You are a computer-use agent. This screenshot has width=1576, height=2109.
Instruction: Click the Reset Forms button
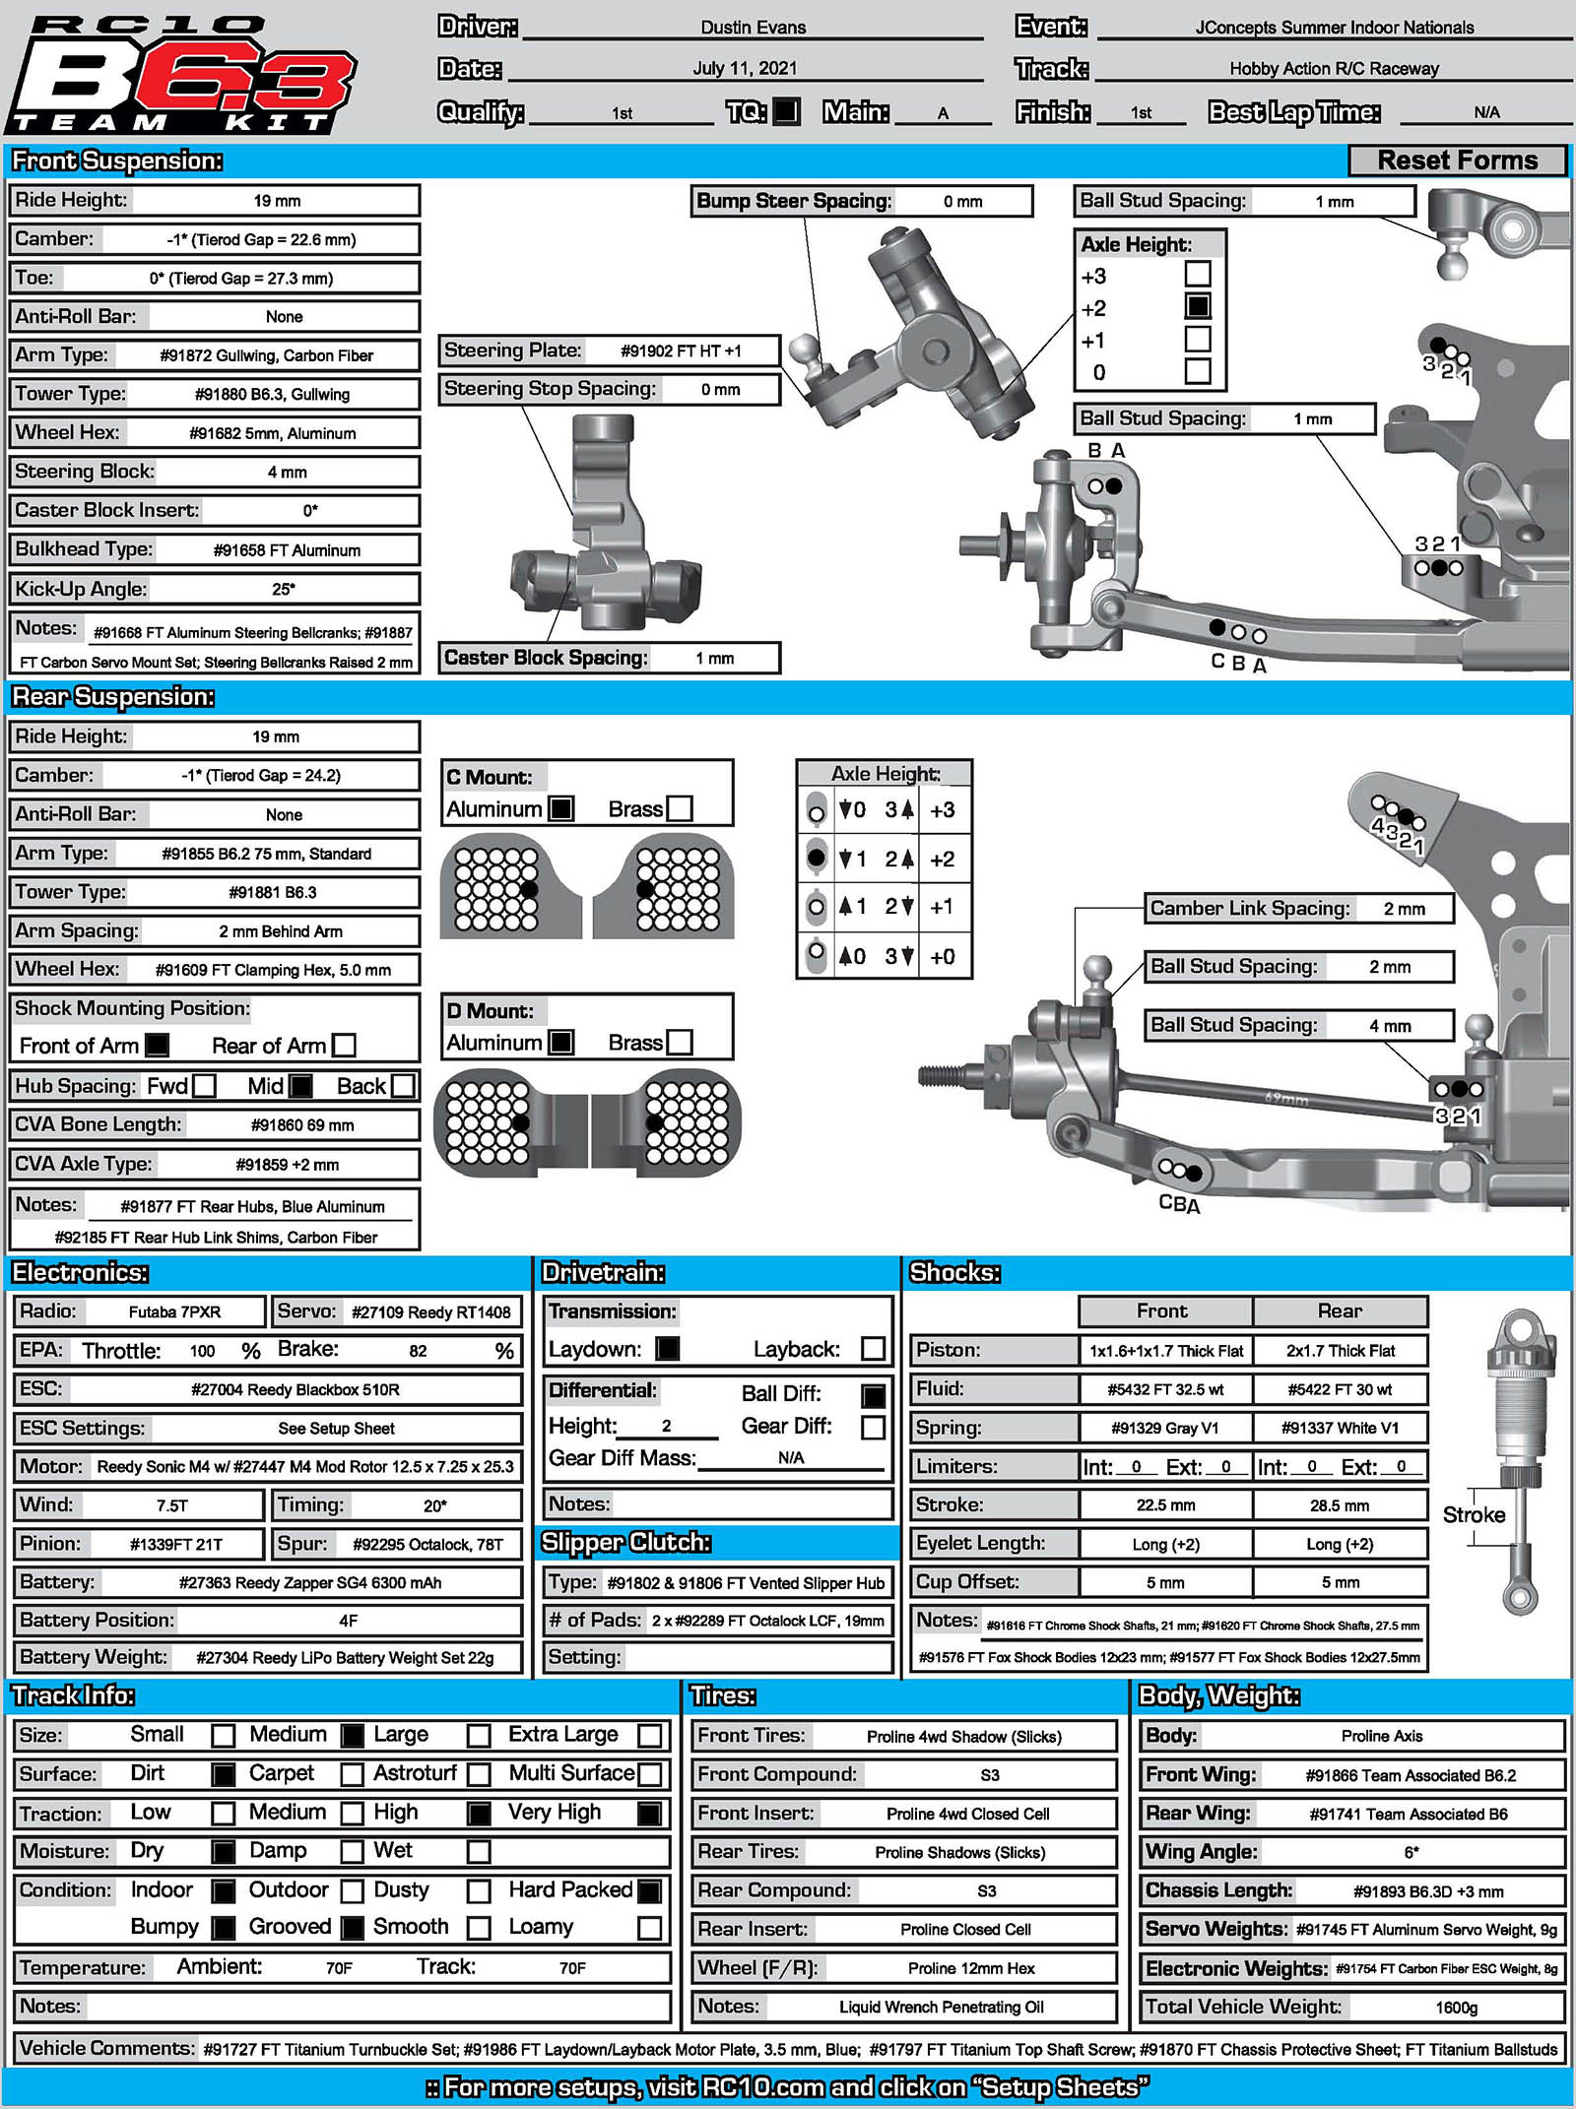tap(1456, 160)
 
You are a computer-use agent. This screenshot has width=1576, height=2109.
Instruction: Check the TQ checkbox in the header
tap(786, 111)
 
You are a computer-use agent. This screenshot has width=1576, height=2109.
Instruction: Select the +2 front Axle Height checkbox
tap(1197, 306)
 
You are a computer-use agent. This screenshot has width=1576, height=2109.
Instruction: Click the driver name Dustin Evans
tap(753, 28)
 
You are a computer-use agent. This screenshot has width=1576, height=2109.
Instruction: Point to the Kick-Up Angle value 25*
tap(284, 589)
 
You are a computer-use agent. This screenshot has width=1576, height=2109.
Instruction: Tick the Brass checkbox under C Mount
tap(680, 808)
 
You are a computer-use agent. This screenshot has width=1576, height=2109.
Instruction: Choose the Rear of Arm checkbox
tap(344, 1045)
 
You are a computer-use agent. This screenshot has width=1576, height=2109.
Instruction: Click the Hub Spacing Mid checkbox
tap(300, 1085)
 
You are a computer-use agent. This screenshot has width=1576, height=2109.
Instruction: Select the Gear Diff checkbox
tap(873, 1427)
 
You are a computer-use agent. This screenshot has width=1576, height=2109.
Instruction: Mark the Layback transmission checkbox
tap(873, 1349)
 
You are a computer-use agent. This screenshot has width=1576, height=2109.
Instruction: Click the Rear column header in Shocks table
tap(1340, 1310)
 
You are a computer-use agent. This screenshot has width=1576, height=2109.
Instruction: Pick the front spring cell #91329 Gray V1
tap(1164, 1428)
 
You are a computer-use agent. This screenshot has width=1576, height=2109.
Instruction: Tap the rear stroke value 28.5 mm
tap(1340, 1505)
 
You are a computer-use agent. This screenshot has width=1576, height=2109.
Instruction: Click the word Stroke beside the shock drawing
tap(1474, 1514)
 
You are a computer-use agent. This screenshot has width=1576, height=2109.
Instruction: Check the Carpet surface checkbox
tap(352, 1774)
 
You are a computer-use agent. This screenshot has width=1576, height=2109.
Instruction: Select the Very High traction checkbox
tap(650, 1813)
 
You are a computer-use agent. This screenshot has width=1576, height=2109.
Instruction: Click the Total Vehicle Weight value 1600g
tap(1456, 2007)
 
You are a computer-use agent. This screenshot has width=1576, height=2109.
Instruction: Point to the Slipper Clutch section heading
tap(625, 1542)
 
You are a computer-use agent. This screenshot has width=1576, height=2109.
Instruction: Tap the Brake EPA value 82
tap(418, 1351)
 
